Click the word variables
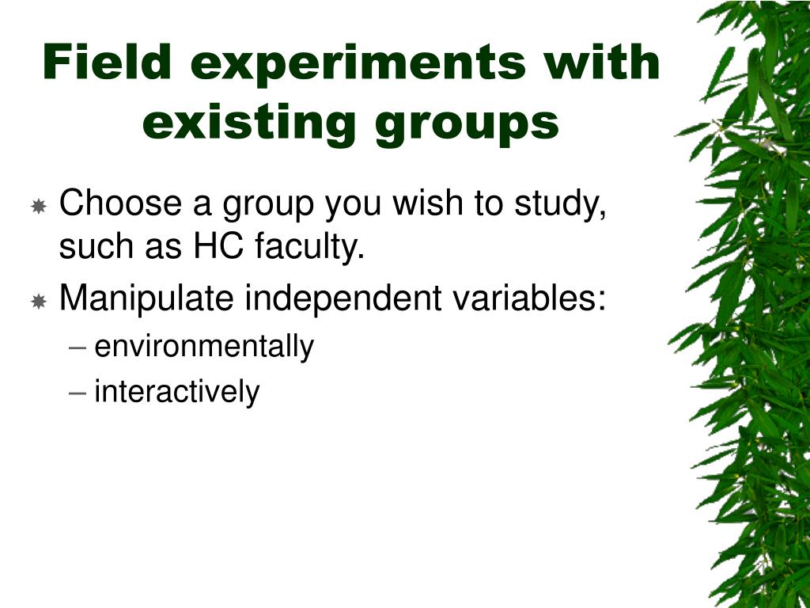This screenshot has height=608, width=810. coord(537,298)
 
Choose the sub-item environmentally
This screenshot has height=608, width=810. coord(204,347)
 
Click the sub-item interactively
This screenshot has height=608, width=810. coord(176,392)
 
